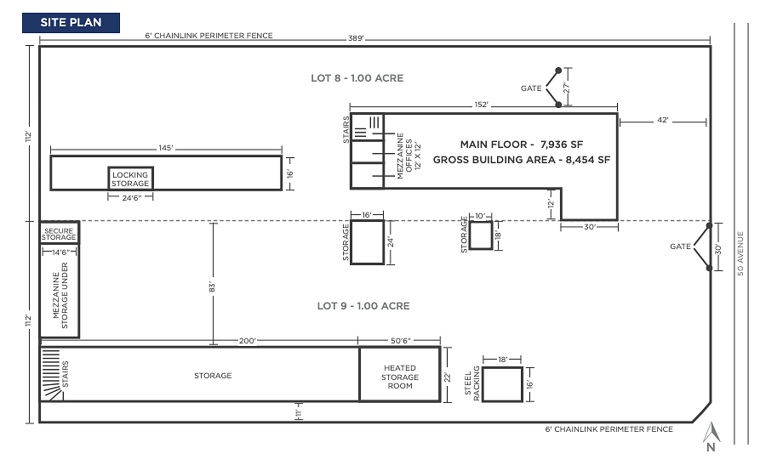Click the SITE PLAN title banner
[71, 23]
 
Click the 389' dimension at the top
[356, 38]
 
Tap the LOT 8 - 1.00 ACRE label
[357, 78]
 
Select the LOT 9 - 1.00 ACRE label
[363, 306]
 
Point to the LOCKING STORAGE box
[130, 179]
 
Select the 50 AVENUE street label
[740, 254]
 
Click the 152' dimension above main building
[482, 105]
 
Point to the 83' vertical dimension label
[212, 286]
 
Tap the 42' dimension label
[663, 120]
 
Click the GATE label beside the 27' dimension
[531, 88]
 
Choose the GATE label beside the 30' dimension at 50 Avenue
[681, 247]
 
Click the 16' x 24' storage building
[368, 242]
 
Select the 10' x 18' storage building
[481, 235]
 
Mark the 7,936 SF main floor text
[562, 145]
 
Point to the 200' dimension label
[247, 341]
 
